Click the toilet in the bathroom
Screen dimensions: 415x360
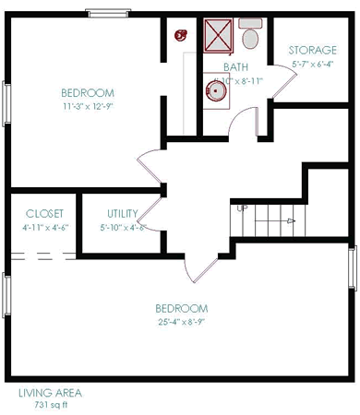[x=250, y=36]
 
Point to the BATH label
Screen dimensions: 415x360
[x=236, y=67]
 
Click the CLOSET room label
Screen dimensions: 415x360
[x=38, y=213]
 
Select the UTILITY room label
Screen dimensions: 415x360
[x=122, y=213]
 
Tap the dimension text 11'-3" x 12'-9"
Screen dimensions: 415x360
[x=88, y=106]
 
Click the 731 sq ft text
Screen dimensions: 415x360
[x=46, y=404]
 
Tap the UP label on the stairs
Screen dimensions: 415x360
[x=243, y=208]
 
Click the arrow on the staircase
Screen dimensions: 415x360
[x=288, y=221]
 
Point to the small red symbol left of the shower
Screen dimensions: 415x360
[x=181, y=35]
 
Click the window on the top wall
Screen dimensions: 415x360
[x=108, y=13]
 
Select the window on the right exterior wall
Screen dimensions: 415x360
[x=352, y=267]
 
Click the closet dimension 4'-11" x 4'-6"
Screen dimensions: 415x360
[x=38, y=227]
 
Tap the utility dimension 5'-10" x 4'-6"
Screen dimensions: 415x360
[x=124, y=227]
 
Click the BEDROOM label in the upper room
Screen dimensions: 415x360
[x=88, y=93]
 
